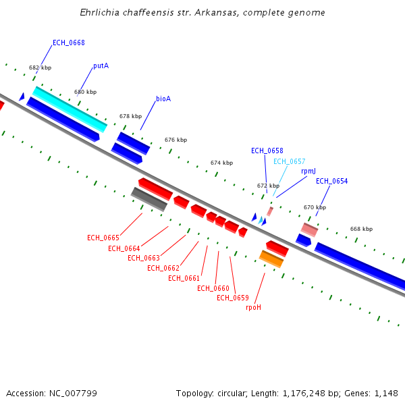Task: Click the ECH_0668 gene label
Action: point(69,43)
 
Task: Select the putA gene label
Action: point(101,66)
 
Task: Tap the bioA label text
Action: point(163,99)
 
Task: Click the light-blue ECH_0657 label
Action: point(290,161)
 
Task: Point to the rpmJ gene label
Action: point(308,171)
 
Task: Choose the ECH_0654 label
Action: point(332,181)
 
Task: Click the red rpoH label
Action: point(253,307)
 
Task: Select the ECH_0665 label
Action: point(103,238)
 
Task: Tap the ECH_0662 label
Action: point(163,268)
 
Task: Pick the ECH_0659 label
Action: point(233,298)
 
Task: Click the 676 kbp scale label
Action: point(176,140)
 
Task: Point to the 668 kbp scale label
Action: point(361,229)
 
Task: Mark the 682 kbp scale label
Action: point(40,67)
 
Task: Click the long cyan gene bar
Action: point(70,109)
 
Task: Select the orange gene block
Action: point(271,259)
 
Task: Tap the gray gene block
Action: point(149,199)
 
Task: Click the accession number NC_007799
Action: point(73,394)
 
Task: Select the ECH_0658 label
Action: point(267,151)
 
